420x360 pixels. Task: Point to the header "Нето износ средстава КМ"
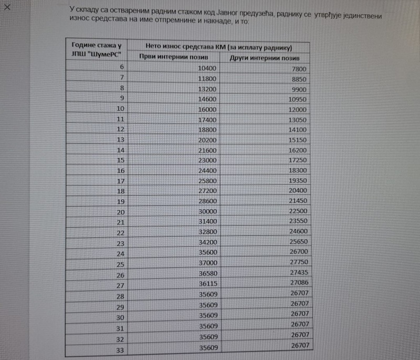(x=218, y=46)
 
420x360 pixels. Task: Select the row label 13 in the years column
(x=120, y=140)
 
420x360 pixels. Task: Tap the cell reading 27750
(x=297, y=263)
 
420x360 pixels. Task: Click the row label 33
(x=120, y=349)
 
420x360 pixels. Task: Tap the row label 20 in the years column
(x=120, y=211)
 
